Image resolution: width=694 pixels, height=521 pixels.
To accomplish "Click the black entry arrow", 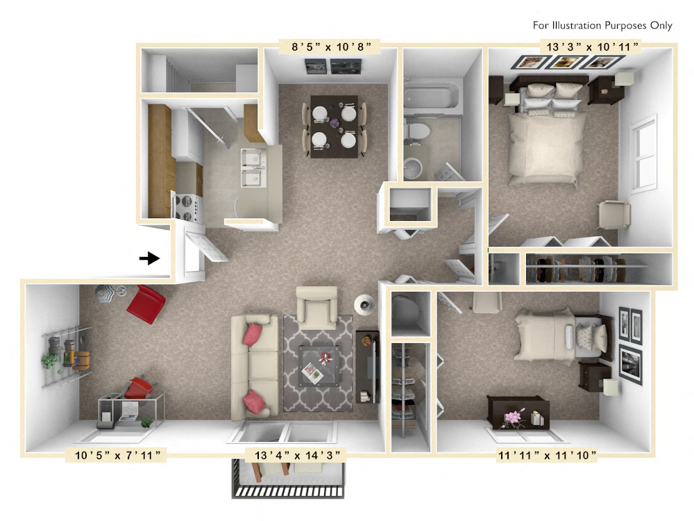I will pos(149,258).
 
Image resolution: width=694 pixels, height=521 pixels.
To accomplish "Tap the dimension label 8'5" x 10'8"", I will pos(330,47).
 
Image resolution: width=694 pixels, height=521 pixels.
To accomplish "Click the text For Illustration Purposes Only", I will pos(602,26).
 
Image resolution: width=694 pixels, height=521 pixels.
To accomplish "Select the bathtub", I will pos(432,97).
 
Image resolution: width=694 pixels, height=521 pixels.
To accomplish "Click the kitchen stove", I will pos(186,206).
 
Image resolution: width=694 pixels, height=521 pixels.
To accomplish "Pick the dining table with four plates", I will pos(334,126).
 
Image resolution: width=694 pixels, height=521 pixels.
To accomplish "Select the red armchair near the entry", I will pos(146,304).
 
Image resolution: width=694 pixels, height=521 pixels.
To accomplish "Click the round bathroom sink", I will pos(412,167).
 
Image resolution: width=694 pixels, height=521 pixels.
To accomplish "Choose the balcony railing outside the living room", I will pos(288,490).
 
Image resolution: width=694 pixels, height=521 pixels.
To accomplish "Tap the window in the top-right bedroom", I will pos(643,154).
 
